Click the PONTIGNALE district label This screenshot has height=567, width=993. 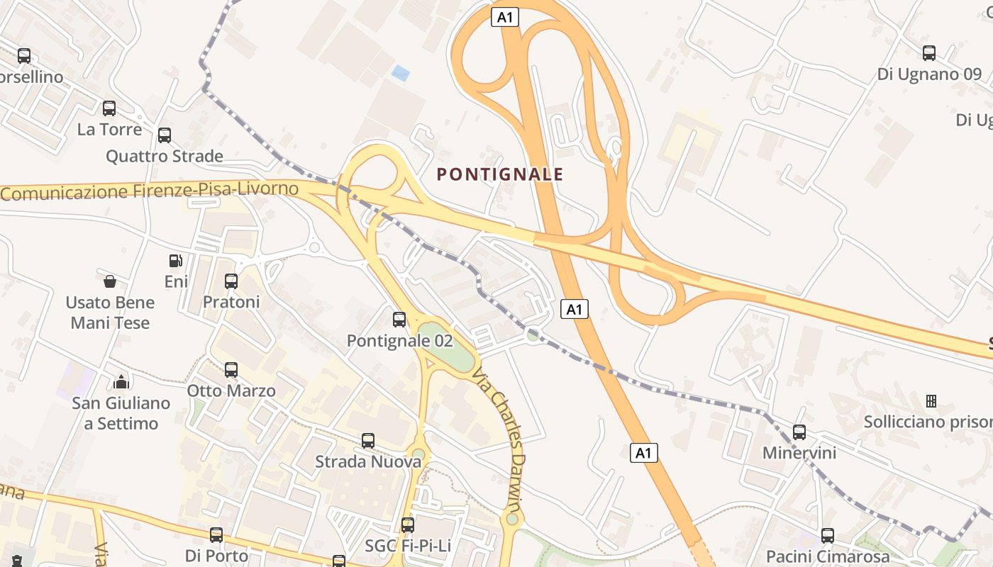pyautogui.click(x=500, y=174)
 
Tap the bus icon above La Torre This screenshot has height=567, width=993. pyautogui.click(x=109, y=108)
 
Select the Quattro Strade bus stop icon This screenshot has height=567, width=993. pyautogui.click(x=165, y=135)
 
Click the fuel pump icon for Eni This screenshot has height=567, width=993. pyautogui.click(x=176, y=261)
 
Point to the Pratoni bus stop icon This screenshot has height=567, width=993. pyautogui.click(x=231, y=281)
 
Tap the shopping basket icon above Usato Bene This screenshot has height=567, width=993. pyautogui.click(x=110, y=282)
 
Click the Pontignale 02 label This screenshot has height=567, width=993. pyautogui.click(x=399, y=341)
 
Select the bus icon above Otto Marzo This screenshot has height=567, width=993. pyautogui.click(x=231, y=370)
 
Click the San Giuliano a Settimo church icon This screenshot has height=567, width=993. pyautogui.click(x=121, y=383)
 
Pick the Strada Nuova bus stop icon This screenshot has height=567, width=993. pyautogui.click(x=368, y=441)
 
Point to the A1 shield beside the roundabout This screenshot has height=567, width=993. pyautogui.click(x=575, y=309)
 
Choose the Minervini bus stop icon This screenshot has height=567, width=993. pyautogui.click(x=799, y=432)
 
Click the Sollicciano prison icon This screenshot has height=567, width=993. pyautogui.click(x=931, y=402)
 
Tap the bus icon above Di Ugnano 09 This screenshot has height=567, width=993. pyautogui.click(x=929, y=53)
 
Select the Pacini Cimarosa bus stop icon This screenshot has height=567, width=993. pyautogui.click(x=828, y=536)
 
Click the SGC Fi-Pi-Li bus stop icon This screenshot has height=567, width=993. pyautogui.click(x=408, y=525)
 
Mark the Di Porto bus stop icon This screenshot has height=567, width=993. pyautogui.click(x=216, y=535)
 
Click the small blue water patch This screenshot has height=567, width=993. pyautogui.click(x=401, y=73)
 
